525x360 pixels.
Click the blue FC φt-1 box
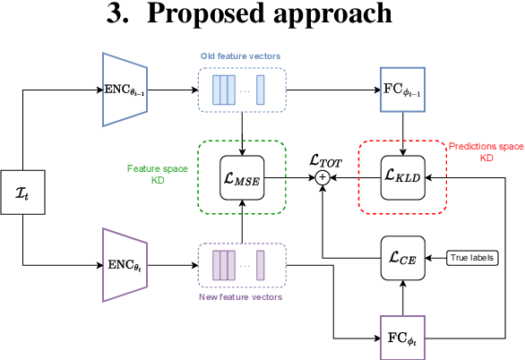pos(404,89)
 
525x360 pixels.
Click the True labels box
pos(473,258)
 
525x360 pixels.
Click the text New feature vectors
pos(241,296)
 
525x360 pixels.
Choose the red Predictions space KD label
pos(486,152)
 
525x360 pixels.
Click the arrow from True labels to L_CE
pos(437,258)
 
